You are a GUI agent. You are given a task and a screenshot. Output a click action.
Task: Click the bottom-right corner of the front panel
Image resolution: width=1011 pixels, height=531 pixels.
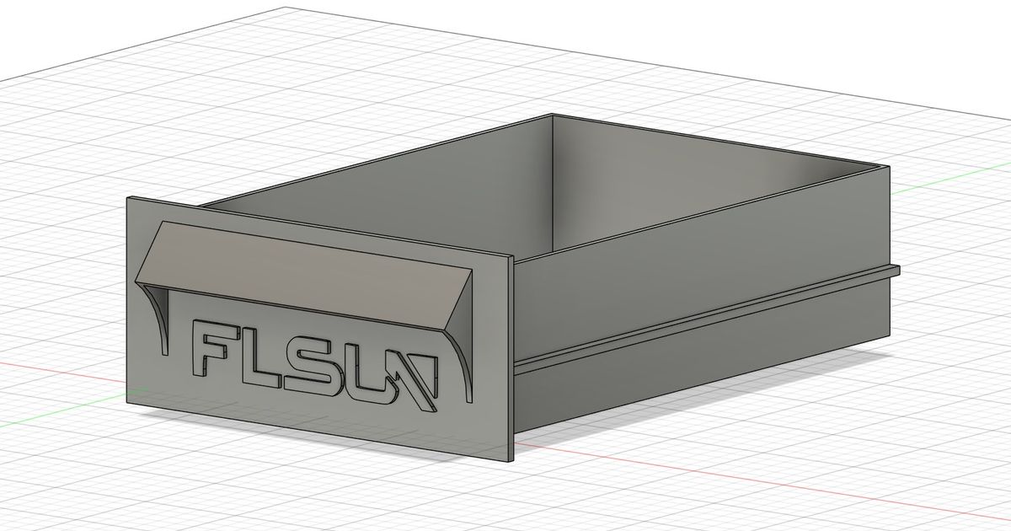tap(511, 460)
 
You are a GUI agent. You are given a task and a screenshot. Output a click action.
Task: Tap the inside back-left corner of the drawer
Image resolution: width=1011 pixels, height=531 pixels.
tap(552, 118)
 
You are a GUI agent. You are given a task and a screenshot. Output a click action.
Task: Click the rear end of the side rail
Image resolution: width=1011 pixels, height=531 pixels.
tap(896, 271)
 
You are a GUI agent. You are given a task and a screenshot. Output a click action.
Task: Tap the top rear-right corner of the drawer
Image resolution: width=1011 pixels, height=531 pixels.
tap(888, 169)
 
